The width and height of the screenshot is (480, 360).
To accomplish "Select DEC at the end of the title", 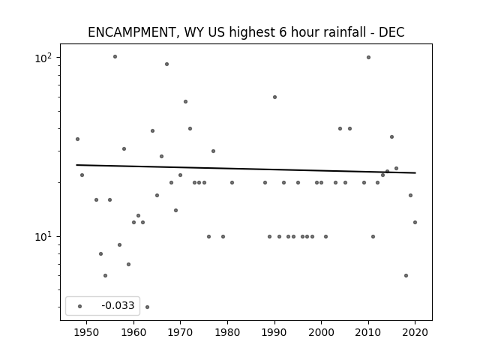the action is point(391,32).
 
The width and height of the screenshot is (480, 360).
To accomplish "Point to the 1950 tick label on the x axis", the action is point(87,332).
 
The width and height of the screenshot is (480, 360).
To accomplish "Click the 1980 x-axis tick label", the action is point(227,332).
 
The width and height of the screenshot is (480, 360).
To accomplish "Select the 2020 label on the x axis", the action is point(415,332).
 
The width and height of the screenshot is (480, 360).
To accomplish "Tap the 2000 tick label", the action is point(321,332).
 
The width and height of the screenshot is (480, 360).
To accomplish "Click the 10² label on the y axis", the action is point(43,58).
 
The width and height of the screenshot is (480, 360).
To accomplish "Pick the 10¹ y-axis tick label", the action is point(43,237).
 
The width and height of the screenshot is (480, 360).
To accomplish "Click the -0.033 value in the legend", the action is point(118,305).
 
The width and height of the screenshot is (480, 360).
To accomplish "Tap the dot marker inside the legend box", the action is point(80,306).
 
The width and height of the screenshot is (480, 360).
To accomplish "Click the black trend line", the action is point(246,169).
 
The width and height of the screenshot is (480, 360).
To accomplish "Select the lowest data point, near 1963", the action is point(147,307).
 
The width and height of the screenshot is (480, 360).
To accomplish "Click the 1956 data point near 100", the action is point(115,57).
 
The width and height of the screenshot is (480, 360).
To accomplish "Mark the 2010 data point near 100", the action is point(368,57).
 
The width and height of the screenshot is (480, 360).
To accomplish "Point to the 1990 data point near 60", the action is point(275,97).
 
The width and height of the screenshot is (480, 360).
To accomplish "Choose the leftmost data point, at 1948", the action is point(77,139).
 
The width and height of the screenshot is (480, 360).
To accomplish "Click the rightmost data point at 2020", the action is point(415,222).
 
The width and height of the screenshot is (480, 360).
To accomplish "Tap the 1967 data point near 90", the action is point(166,64).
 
